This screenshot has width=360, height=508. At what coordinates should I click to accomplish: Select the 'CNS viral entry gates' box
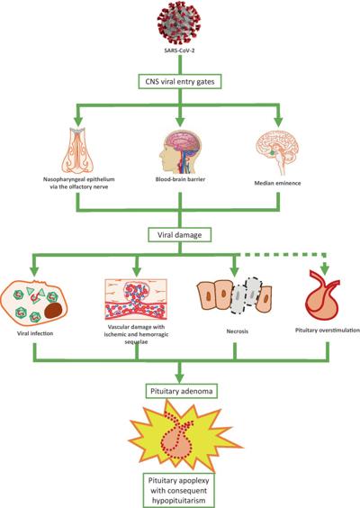180,82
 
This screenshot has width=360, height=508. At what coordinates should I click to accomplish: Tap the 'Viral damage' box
180,235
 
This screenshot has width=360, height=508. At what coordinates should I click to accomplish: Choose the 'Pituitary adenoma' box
181,391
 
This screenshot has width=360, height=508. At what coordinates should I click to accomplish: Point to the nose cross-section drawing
79,150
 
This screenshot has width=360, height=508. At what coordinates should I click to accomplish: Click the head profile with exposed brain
180,152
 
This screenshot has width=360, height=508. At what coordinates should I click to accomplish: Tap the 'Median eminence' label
277,183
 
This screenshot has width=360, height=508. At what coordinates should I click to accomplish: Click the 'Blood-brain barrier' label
180,179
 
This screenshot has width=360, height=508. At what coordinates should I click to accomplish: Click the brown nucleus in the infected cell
53,311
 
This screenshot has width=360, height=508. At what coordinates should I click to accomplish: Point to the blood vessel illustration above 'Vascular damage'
136,299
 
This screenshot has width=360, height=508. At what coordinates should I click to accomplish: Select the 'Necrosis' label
238,331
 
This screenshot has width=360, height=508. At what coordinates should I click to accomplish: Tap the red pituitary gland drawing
322,295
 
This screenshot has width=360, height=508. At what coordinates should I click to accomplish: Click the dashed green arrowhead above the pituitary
325,269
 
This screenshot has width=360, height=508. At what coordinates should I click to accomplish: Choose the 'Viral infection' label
35,333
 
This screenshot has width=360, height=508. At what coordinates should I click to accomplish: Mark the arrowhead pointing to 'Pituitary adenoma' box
180,378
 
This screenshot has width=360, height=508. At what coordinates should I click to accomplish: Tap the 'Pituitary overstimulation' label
328,331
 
